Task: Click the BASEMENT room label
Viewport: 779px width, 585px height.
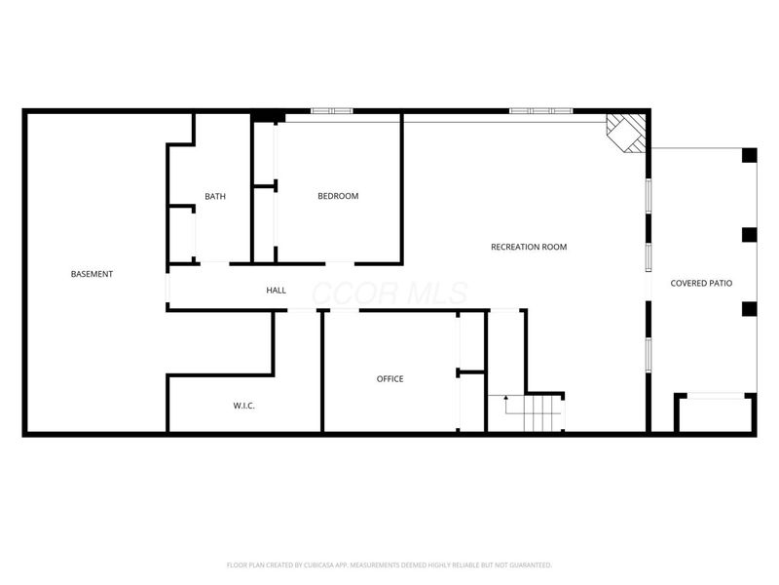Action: (x=92, y=274)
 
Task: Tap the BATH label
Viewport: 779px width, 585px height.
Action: (x=215, y=196)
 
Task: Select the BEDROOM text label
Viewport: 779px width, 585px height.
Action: (x=338, y=196)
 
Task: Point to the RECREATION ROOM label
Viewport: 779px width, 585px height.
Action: (x=528, y=247)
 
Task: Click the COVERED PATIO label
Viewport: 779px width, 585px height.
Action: (x=701, y=283)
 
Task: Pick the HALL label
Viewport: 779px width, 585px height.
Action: (x=277, y=291)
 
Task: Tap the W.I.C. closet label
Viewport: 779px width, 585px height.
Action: (x=243, y=406)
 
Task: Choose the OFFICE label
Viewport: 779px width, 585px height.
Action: (x=389, y=378)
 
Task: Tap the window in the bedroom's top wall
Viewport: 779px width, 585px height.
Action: (x=331, y=111)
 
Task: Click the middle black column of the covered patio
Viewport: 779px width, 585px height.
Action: (x=749, y=234)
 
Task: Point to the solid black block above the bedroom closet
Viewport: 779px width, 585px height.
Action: (x=267, y=117)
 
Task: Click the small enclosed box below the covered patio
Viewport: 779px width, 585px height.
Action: (x=715, y=413)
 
